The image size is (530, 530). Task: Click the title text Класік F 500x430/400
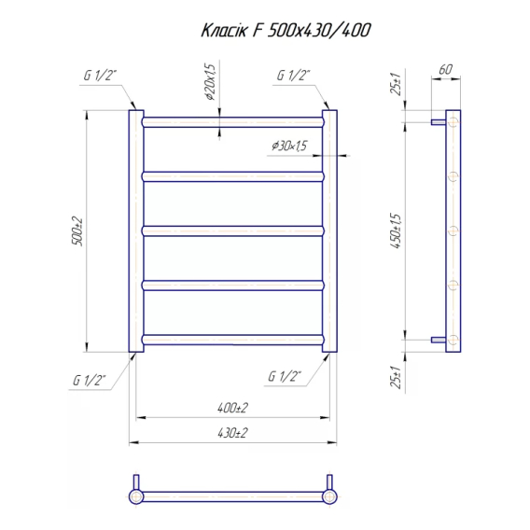[286, 31]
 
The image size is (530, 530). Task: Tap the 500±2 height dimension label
[77, 230]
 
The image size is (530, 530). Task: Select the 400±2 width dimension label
[232, 408]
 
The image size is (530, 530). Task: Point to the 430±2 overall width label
[232, 433]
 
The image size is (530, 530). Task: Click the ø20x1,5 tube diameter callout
[210, 82]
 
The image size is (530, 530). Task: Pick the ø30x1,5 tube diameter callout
[289, 146]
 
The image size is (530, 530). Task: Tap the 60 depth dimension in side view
[445, 69]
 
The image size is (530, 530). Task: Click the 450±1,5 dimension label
[396, 231]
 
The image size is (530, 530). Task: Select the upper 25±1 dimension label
[396, 84]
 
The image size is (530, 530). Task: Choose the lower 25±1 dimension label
[396, 378]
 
